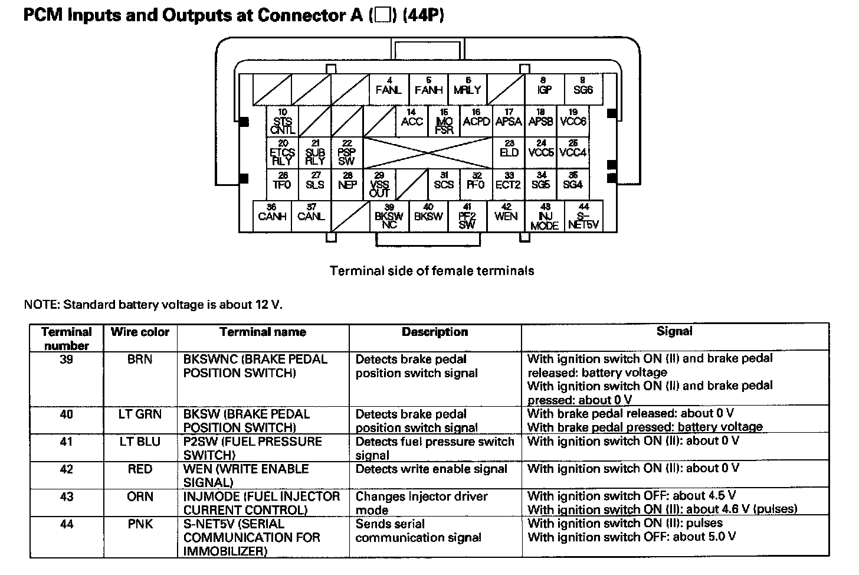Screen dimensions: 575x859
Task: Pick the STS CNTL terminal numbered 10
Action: pos(282,122)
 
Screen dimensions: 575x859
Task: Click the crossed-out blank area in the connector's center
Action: pos(428,153)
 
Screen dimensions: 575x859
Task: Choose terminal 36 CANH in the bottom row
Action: pos(272,214)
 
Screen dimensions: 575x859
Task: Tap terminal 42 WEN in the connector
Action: pos(506,214)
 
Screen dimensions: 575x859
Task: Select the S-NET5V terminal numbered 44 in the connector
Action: pos(583,216)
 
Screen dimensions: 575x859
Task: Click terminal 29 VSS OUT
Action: pos(379,184)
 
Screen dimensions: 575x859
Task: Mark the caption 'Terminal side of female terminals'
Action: pos(432,271)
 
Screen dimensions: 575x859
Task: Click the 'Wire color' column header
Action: pos(140,332)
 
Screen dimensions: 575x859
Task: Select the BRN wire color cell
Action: pos(140,360)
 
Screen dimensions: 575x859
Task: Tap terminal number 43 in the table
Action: pos(67,497)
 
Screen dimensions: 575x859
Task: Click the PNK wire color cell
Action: pos(140,524)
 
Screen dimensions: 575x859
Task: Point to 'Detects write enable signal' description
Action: pos(431,469)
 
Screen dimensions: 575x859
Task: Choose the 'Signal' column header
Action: pos(674,332)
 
